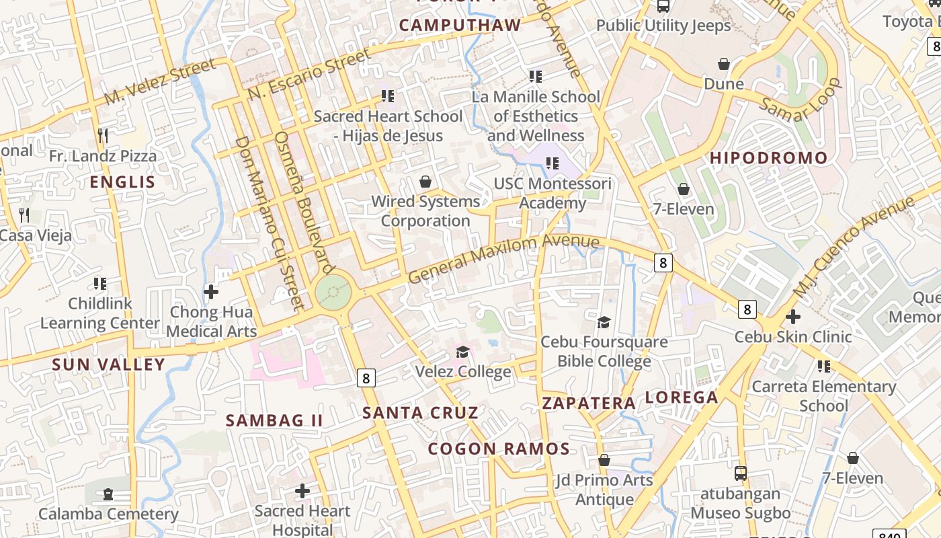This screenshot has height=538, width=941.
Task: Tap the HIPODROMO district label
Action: click(x=769, y=159)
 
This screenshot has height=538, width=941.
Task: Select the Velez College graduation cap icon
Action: click(x=462, y=352)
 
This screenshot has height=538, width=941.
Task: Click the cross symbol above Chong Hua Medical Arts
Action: click(x=211, y=292)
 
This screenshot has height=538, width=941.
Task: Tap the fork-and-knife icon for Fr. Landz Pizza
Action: click(x=103, y=136)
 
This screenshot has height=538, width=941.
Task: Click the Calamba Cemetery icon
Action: click(x=108, y=494)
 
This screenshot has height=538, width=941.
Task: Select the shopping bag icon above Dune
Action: click(x=724, y=64)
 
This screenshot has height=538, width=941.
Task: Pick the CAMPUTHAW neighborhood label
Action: click(x=460, y=26)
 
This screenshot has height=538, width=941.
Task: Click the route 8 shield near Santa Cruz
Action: click(x=366, y=378)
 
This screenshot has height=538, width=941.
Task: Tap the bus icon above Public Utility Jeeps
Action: click(x=663, y=7)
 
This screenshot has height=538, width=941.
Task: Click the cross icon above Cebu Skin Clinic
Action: click(x=793, y=316)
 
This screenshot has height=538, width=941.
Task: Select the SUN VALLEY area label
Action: click(x=108, y=365)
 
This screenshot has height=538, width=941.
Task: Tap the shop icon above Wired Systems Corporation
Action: click(x=425, y=182)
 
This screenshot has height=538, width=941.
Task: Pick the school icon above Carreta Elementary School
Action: click(x=823, y=367)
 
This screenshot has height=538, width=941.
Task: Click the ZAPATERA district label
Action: click(x=589, y=403)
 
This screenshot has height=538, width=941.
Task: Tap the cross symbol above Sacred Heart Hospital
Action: click(x=302, y=491)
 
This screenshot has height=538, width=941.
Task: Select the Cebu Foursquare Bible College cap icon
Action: click(x=604, y=322)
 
